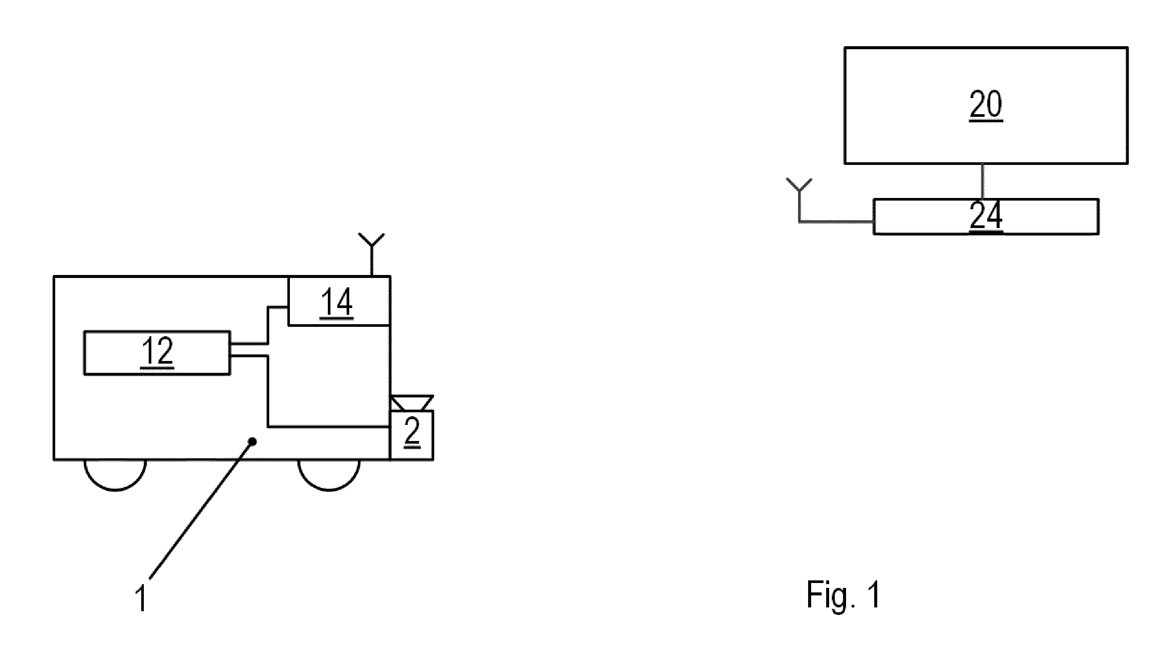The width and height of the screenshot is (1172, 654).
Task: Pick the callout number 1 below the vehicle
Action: point(142,598)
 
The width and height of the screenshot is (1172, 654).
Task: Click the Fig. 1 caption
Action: point(843,594)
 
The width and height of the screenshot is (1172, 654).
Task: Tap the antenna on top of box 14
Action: point(372,254)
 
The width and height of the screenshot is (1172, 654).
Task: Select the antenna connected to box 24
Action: point(799,200)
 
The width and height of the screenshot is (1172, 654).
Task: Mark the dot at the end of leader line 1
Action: point(253,441)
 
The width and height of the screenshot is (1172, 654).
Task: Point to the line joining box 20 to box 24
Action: point(983,181)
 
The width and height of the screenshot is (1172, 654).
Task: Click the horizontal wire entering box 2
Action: point(329,426)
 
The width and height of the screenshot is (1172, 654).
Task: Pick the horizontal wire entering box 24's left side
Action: point(836,222)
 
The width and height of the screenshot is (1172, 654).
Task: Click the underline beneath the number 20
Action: point(985,121)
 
